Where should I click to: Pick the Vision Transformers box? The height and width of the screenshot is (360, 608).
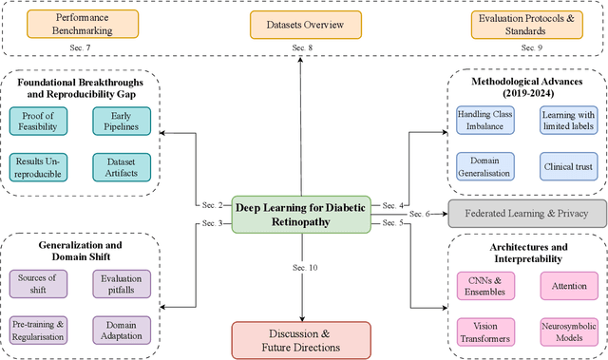486,330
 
